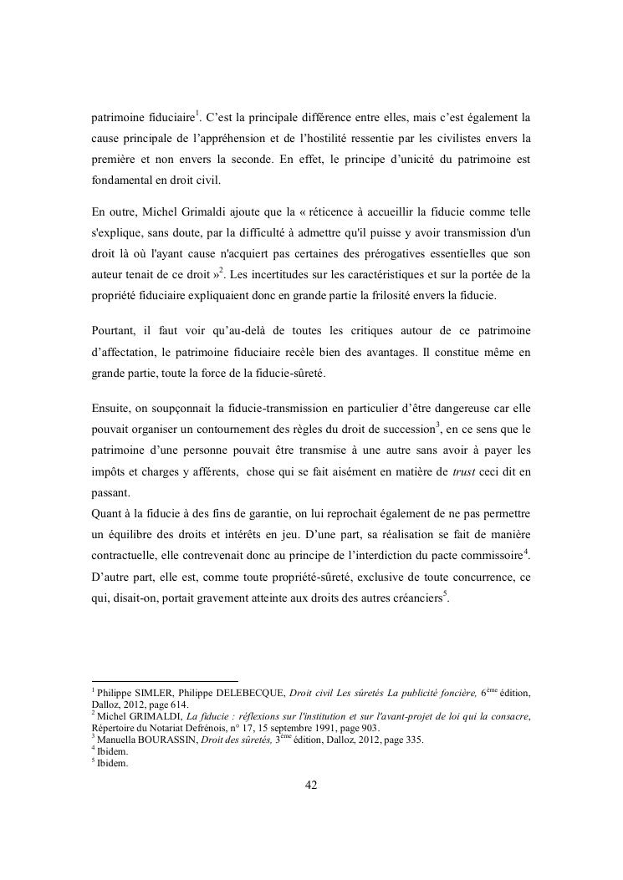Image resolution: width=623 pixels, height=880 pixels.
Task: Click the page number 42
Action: (x=311, y=785)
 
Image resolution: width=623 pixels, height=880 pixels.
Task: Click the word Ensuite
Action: (x=114, y=408)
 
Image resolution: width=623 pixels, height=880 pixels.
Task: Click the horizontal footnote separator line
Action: (x=165, y=680)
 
